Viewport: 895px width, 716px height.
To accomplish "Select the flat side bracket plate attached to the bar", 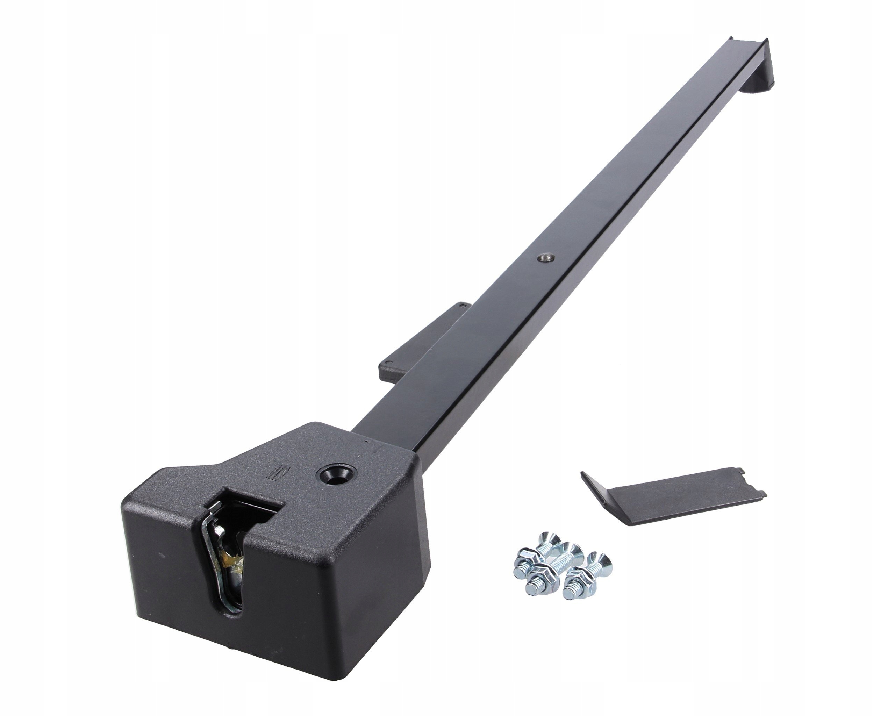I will click(419, 341).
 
